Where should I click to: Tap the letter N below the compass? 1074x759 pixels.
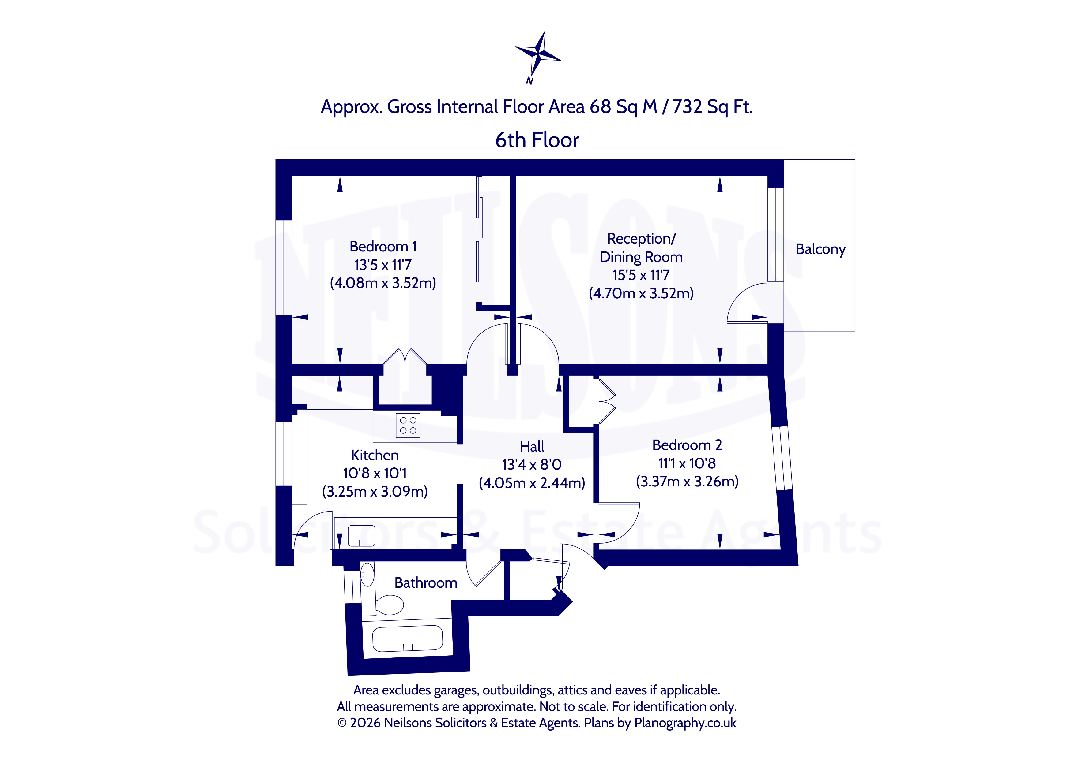(529, 81)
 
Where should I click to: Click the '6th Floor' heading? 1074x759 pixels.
(537, 140)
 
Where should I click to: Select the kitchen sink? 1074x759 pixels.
(362, 536)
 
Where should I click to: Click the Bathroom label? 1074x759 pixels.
(426, 583)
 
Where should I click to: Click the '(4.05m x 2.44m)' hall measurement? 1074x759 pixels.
(532, 483)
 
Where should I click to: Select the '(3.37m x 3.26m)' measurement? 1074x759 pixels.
(687, 482)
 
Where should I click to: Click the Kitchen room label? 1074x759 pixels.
(375, 455)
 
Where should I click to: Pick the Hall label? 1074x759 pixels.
(532, 447)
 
